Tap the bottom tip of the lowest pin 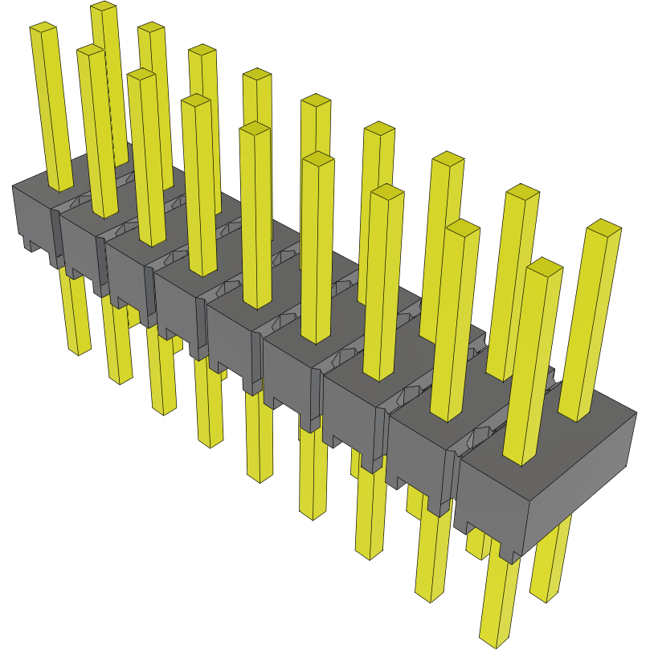click(493, 640)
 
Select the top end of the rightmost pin click(604, 227)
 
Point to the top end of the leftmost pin click(43, 29)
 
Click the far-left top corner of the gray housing click(14, 187)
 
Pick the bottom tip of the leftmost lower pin click(79, 352)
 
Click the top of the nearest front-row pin click(545, 266)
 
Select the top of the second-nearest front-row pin click(462, 227)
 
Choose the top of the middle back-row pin click(316, 101)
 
